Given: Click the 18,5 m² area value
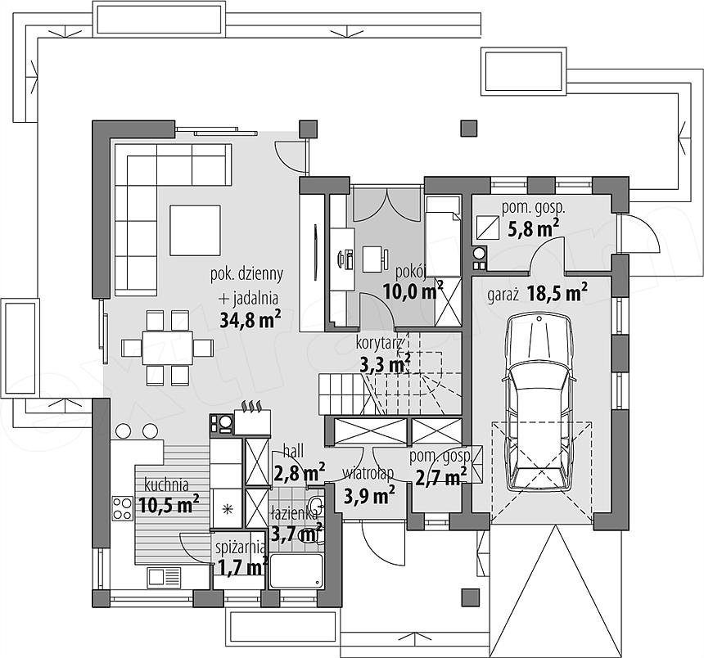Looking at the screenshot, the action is pos(557,294).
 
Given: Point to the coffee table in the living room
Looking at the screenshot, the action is pos(196,230).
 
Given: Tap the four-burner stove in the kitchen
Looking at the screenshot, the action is pos(122,508).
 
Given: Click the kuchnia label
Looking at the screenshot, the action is pos(166,485).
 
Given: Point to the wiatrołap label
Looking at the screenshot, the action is pos(368,474).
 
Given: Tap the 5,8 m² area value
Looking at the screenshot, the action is pos(534,229).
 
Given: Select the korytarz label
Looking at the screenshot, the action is pos(379,344).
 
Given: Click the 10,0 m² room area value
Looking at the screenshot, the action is pos(413,291).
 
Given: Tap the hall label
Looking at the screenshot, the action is pos(293,451).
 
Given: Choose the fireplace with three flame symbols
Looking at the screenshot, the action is pos(252,418).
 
